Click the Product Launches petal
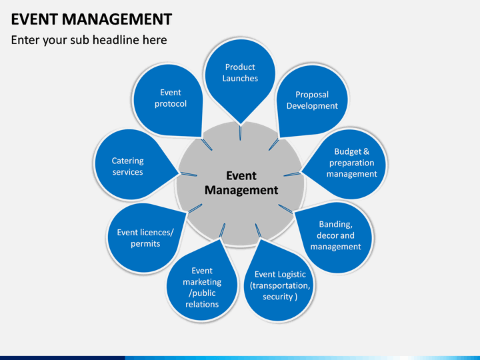click(240, 78)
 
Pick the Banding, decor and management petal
click(334, 237)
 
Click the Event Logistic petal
click(279, 283)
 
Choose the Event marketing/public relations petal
click(202, 285)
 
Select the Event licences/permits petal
click(145, 238)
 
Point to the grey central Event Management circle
click(241, 184)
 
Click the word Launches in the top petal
click(240, 79)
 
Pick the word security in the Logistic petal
click(277, 297)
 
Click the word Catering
click(127, 161)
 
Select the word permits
click(145, 244)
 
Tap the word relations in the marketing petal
click(202, 304)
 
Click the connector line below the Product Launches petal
click(240, 133)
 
